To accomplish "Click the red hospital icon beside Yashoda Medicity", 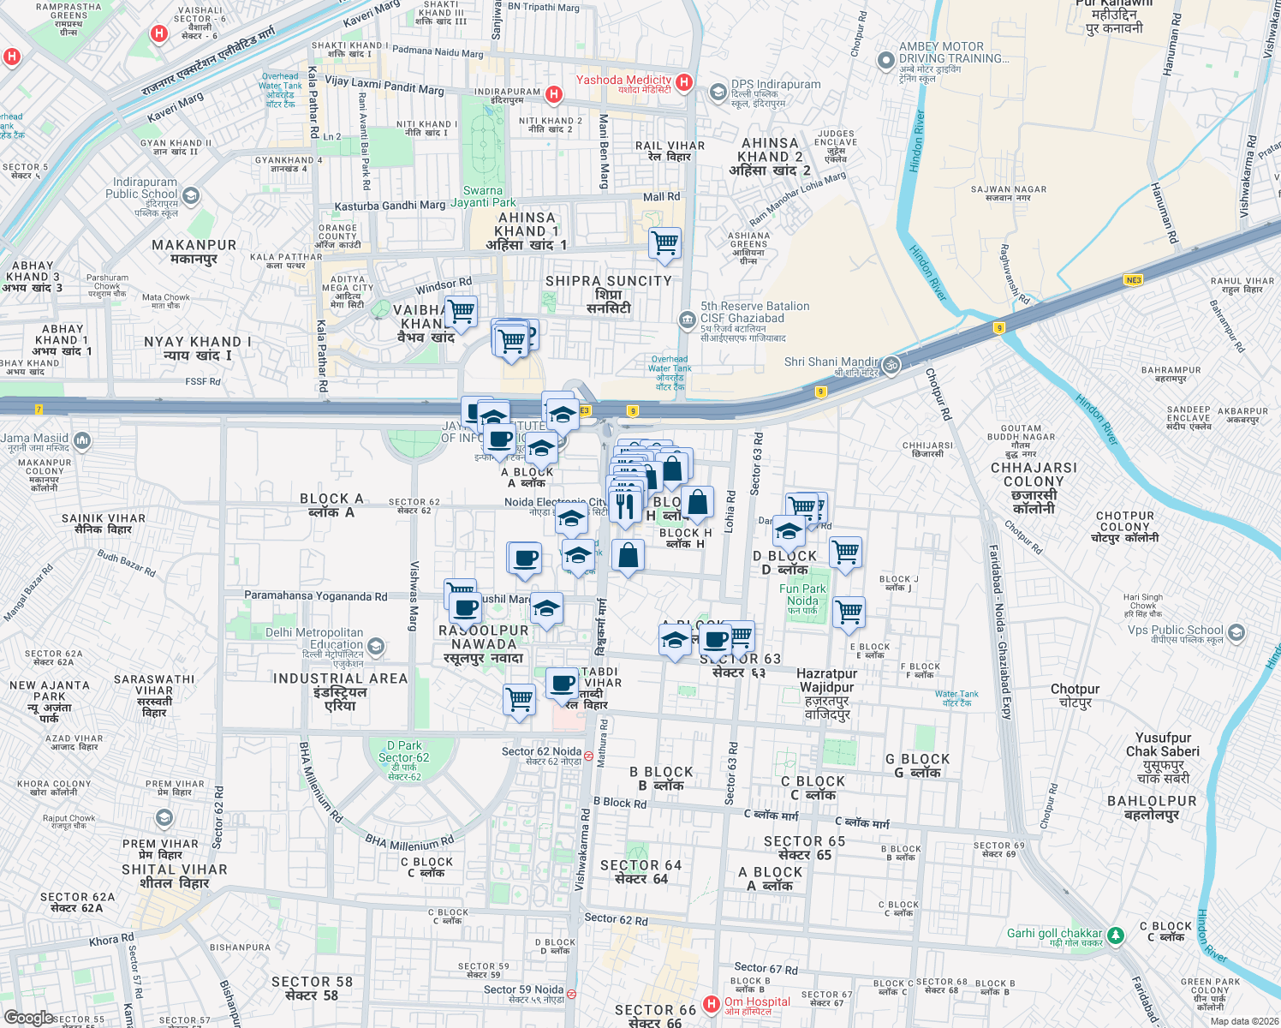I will pyautogui.click(x=683, y=82).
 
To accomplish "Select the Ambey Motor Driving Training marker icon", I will pyautogui.click(x=885, y=60).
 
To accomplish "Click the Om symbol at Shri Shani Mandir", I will pyautogui.click(x=891, y=364).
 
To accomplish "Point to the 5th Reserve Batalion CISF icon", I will pyautogui.click(x=687, y=320).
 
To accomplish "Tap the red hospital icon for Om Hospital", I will pyautogui.click(x=711, y=1003).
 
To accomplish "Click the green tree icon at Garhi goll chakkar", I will pyautogui.click(x=1115, y=935).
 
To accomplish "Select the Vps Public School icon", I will pyautogui.click(x=1236, y=633).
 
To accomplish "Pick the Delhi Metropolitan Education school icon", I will pyautogui.click(x=375, y=646).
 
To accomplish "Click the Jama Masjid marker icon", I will pyautogui.click(x=82, y=440).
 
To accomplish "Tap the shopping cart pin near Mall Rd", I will pyautogui.click(x=665, y=243).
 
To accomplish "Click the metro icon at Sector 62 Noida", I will pyautogui.click(x=589, y=757).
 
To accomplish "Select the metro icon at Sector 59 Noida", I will pyautogui.click(x=571, y=995).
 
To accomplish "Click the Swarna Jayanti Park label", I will pyautogui.click(x=483, y=197).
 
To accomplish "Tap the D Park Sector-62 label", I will pyautogui.click(x=403, y=757).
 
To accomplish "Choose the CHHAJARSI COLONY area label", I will pyautogui.click(x=1034, y=488).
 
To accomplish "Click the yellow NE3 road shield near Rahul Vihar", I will pyautogui.click(x=1133, y=280).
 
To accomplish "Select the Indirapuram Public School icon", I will pyautogui.click(x=191, y=196).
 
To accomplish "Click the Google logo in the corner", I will pyautogui.click(x=29, y=1017).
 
